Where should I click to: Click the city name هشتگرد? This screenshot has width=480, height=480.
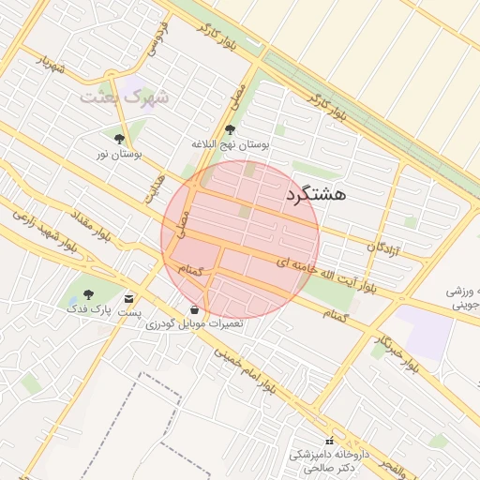(313, 194)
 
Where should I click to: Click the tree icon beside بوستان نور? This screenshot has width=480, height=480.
(118, 140)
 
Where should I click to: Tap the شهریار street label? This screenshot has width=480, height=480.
(54, 65)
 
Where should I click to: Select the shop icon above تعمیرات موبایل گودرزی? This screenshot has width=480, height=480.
(193, 309)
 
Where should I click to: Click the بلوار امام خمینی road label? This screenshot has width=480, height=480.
(246, 372)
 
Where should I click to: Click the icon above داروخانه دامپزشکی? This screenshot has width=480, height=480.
(328, 442)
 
